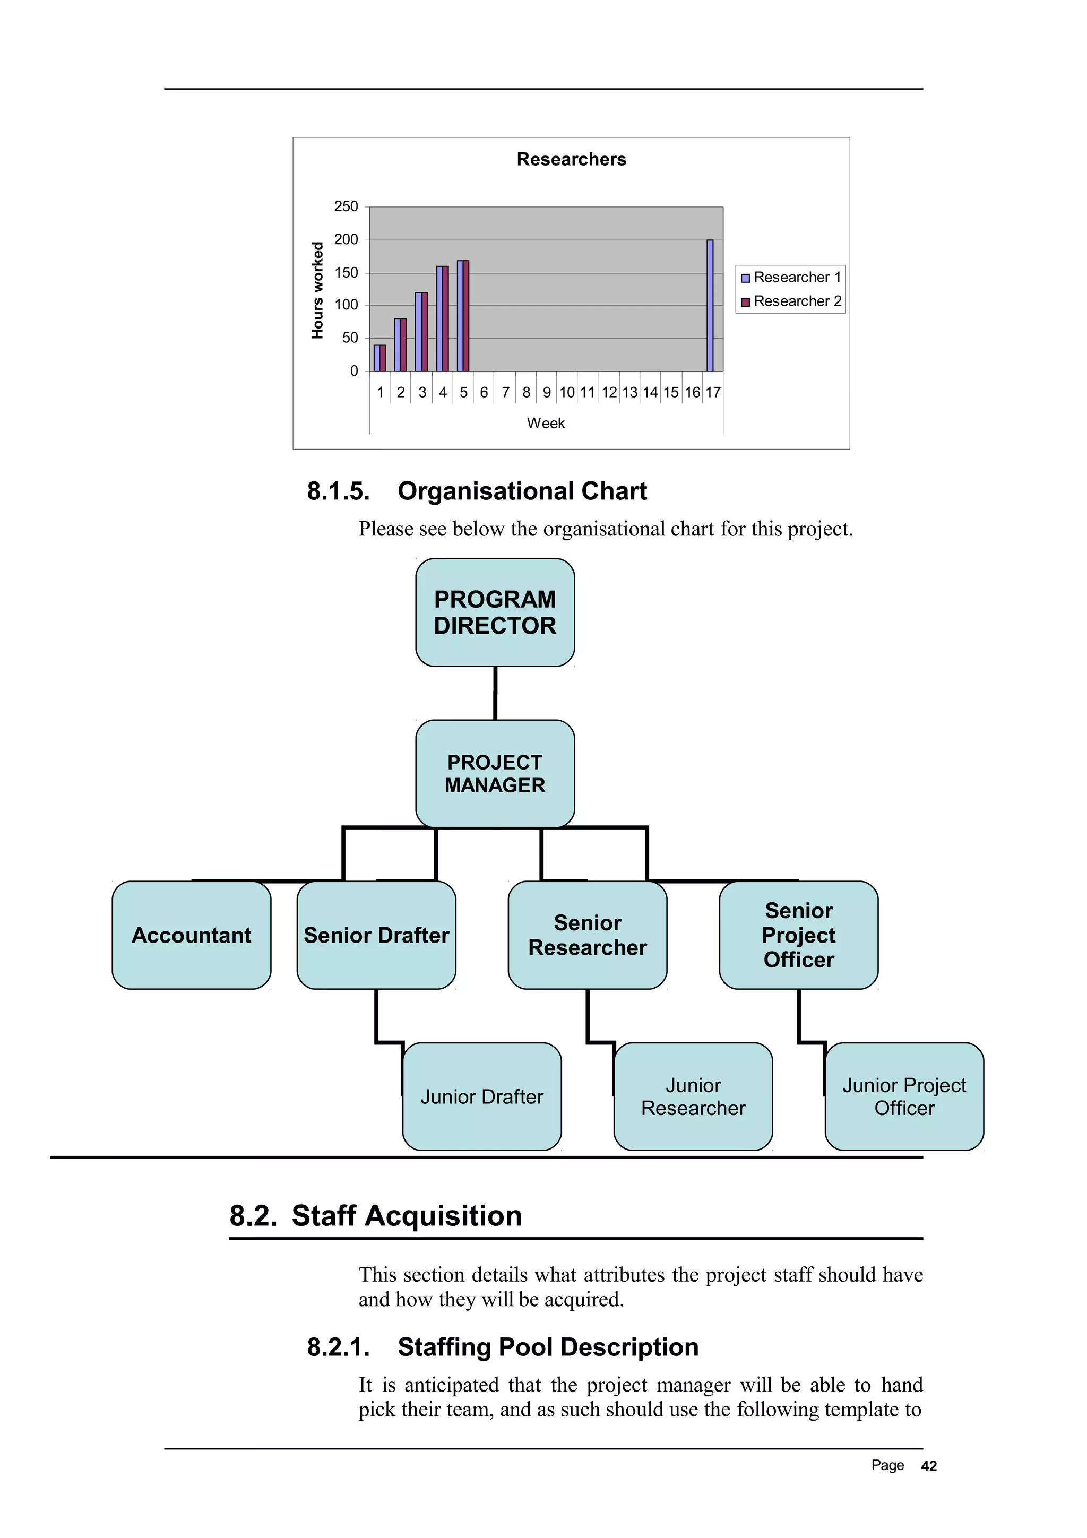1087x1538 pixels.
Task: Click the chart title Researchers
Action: [571, 159]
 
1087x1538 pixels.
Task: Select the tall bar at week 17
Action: [710, 306]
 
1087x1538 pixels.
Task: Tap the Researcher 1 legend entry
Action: [790, 278]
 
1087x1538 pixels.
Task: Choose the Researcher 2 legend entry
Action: [790, 301]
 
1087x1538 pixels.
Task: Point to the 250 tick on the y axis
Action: [346, 206]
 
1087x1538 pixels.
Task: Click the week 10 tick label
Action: [567, 393]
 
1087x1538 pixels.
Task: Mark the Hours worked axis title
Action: [317, 290]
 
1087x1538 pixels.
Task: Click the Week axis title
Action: [545, 424]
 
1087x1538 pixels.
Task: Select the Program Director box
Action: [495, 612]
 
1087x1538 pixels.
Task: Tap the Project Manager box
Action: [495, 774]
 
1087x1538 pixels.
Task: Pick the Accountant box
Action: [192, 935]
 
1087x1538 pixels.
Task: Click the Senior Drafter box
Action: [376, 935]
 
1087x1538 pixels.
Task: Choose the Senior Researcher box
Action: [588, 935]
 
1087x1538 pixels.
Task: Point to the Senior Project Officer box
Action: [798, 935]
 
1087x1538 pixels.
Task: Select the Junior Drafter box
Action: [481, 1096]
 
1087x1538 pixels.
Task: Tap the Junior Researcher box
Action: [693, 1096]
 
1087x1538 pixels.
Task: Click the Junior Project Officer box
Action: [904, 1096]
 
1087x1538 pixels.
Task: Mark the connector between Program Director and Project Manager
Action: [495, 693]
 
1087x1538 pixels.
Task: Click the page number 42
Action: [929, 1466]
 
